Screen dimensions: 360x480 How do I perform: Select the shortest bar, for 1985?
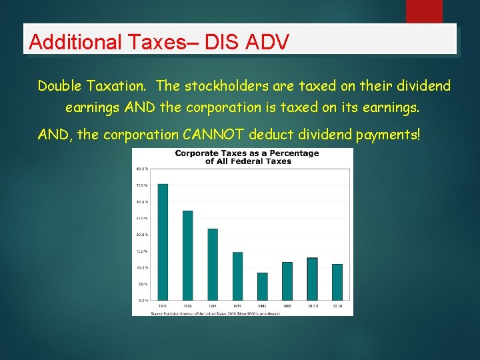click(x=263, y=286)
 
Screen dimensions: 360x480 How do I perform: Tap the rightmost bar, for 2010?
click(x=337, y=282)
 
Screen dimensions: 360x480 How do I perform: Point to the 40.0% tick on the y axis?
click(x=142, y=169)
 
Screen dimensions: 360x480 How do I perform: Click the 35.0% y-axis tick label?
click(x=142, y=185)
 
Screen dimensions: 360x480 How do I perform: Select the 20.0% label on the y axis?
click(x=142, y=235)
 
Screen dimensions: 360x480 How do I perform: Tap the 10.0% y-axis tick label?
click(x=142, y=267)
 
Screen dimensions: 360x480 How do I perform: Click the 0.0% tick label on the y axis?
click(x=143, y=301)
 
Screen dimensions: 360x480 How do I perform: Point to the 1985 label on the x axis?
click(x=263, y=306)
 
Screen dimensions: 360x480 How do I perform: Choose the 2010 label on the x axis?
click(x=337, y=306)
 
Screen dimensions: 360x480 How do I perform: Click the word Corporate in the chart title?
click(x=198, y=153)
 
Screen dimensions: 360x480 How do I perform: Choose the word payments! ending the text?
click(x=389, y=135)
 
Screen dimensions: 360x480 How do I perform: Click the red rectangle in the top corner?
click(x=424, y=11)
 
